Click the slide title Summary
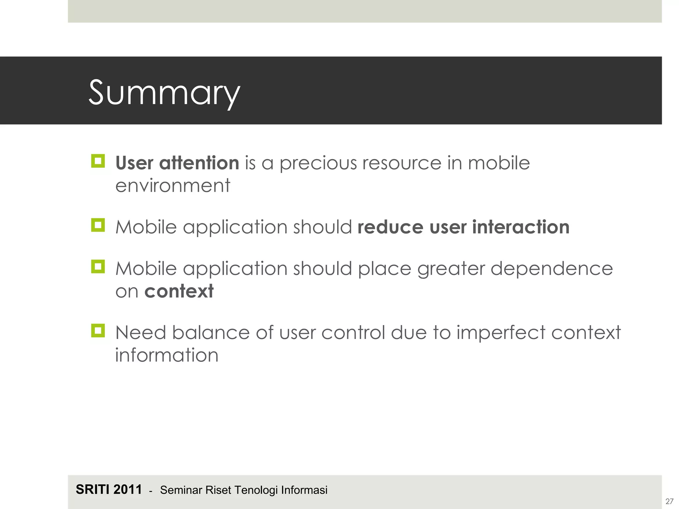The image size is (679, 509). tap(164, 93)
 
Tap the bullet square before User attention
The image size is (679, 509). tap(98, 161)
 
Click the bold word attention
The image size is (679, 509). tap(199, 163)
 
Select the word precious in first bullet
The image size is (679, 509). tap(318, 163)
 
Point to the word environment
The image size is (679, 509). tap(172, 186)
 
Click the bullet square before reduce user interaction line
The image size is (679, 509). tap(98, 225)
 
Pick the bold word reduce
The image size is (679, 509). tap(390, 227)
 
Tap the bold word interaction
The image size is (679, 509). tap(521, 227)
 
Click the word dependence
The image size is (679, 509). tap(551, 268)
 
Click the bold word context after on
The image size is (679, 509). tap(179, 291)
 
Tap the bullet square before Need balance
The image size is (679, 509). tap(98, 331)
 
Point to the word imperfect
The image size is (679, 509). tap(501, 333)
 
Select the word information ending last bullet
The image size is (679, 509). tap(167, 355)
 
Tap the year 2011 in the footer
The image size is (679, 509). tap(128, 489)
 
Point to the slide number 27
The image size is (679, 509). tap(669, 501)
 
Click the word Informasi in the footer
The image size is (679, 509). tap(304, 490)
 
